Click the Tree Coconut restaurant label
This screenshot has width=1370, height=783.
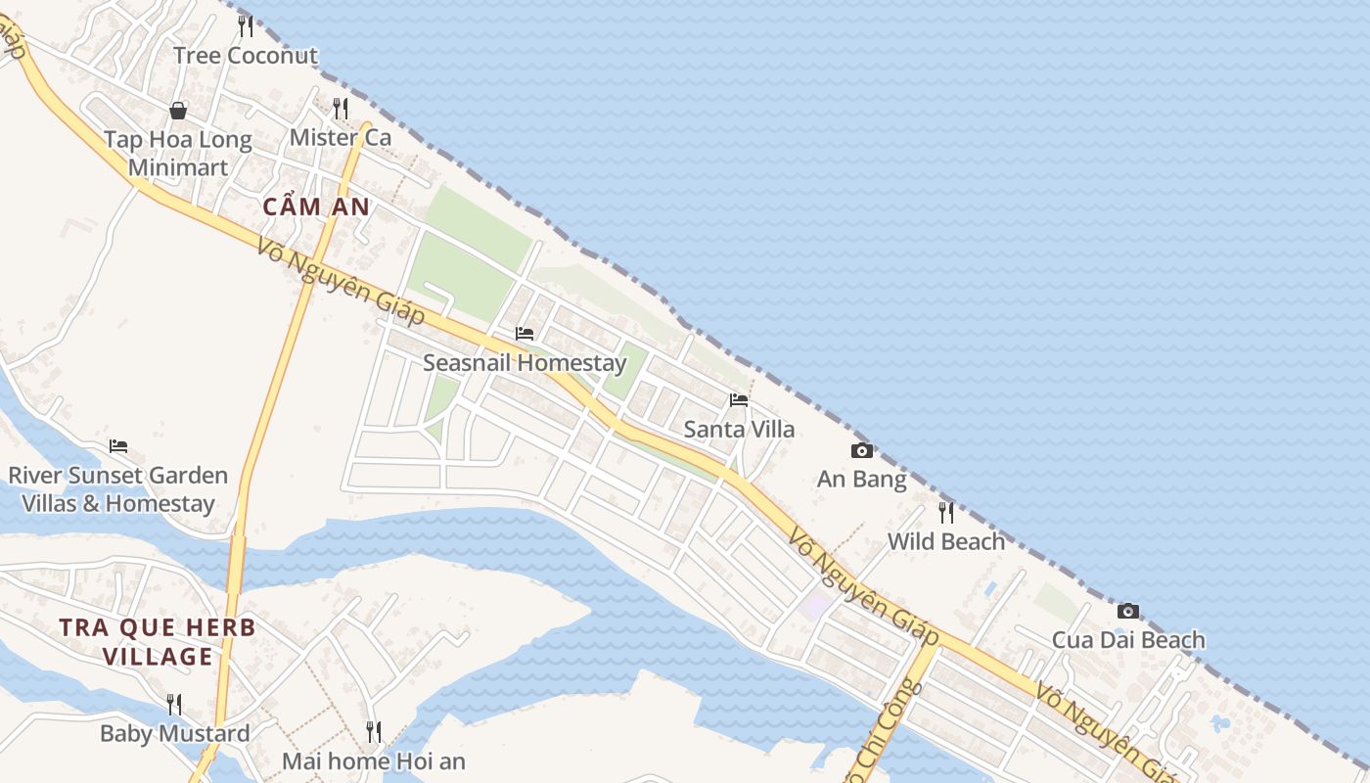point(246,56)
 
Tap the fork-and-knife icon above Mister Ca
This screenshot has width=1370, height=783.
point(341,108)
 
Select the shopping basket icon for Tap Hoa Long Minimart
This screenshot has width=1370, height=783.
point(178,111)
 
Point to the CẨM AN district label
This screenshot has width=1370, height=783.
point(316,207)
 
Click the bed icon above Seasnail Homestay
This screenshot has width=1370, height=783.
point(525,334)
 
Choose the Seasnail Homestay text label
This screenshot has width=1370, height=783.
point(525,363)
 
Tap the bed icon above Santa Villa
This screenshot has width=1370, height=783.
point(739,399)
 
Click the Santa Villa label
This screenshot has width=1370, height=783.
point(739,429)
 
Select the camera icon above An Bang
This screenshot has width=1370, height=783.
point(862,450)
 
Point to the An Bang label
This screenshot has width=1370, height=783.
point(862,480)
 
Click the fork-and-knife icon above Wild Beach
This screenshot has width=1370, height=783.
point(946,512)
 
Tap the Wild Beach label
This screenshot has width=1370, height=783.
point(946,541)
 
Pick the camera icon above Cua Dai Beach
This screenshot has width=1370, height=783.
point(1128,611)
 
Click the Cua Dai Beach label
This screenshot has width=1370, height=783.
point(1128,640)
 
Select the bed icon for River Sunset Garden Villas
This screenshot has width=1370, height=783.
point(118,446)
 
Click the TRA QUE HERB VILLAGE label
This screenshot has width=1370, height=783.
point(158,642)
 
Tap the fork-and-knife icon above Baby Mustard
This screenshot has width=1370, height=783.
point(174,704)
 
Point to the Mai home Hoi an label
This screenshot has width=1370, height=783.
point(374,760)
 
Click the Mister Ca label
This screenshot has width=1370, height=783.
point(341,138)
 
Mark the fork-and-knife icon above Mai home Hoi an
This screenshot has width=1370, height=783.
point(374,731)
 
